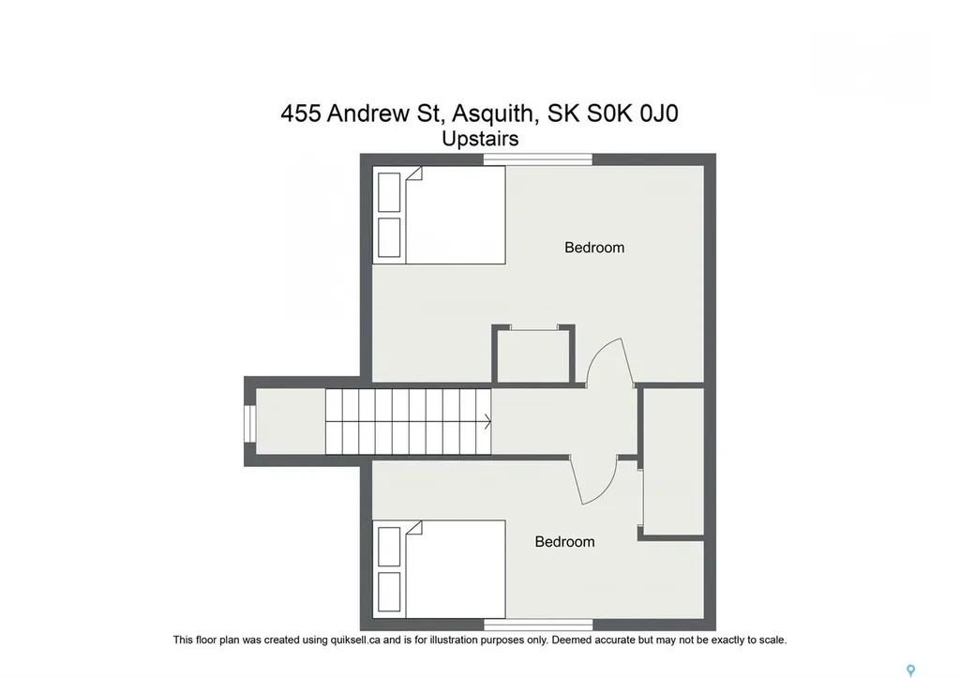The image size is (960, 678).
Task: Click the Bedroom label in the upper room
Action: pos(594,248)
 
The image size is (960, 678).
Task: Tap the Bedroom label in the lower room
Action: pos(564,541)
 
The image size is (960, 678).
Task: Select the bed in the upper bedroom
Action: pos(440,215)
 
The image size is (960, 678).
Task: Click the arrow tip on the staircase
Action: pos(489,422)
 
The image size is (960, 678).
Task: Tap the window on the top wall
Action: pos(538,159)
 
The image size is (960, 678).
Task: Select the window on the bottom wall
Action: pos(538,625)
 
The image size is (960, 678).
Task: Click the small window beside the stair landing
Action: pos(248,421)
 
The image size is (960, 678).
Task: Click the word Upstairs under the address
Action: pos(480,138)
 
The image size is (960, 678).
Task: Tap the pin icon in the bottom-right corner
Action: pos(909,670)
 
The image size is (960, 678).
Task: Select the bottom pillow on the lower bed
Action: pos(389,590)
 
